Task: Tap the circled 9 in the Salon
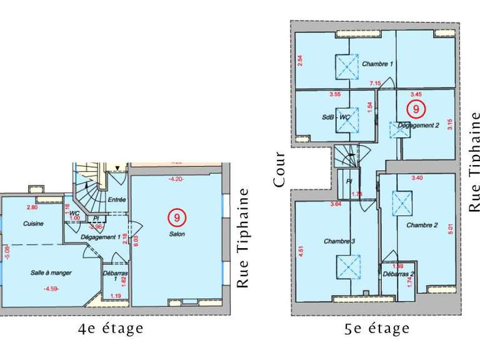(177, 217)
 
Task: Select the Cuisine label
(33, 224)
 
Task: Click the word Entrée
(117, 199)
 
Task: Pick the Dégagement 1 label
(101, 237)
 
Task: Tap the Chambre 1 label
(377, 64)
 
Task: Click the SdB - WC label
(336, 117)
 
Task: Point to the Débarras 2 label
(399, 274)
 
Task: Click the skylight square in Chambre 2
(399, 202)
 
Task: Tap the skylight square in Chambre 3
(347, 266)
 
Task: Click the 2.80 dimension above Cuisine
(32, 207)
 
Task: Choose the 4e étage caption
(111, 328)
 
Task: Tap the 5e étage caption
(377, 328)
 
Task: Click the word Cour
(279, 169)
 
